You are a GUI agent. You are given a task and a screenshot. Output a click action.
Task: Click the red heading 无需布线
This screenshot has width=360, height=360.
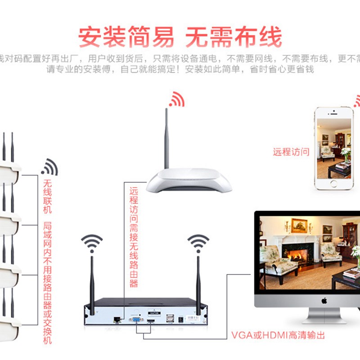234,37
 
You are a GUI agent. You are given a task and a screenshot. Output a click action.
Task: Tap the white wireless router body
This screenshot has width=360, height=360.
189,180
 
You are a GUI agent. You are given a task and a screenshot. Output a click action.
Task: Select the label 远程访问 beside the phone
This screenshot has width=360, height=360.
291,152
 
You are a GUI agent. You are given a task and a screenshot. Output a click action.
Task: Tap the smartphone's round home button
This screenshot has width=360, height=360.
333,184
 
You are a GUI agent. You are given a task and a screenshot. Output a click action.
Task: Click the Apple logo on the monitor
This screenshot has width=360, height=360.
324,301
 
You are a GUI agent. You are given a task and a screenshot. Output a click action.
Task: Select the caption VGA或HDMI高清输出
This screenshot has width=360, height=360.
278,335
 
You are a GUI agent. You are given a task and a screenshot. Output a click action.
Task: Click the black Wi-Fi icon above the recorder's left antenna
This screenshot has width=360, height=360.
92,243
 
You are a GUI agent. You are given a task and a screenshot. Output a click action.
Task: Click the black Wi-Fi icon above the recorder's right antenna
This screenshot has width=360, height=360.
198,243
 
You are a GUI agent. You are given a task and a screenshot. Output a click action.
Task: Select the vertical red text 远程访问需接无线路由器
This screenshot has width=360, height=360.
134,237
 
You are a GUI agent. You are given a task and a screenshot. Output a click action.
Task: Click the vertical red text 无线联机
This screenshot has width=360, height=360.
47,197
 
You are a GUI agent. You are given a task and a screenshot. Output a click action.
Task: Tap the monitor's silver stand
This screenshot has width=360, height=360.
324,318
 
